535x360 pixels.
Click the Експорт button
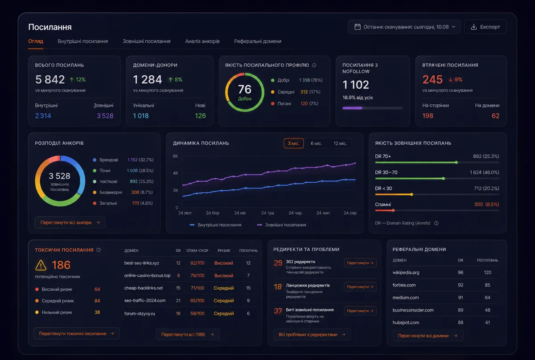click(x=486, y=27)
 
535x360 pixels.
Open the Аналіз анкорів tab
click(x=202, y=41)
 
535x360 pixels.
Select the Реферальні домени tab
click(x=258, y=41)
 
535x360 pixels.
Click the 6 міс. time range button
click(x=316, y=143)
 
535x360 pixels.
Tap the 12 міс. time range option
click(x=340, y=143)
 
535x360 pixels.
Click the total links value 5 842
click(x=50, y=79)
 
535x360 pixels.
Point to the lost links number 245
click(x=432, y=79)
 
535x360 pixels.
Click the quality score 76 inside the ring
click(x=245, y=89)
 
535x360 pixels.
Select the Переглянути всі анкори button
click(x=70, y=222)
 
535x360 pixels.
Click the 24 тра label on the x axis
click(x=267, y=213)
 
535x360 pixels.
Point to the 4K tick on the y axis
click(x=175, y=173)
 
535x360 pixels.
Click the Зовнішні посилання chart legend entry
click(x=282, y=225)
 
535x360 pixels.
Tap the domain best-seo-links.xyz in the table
click(x=142, y=263)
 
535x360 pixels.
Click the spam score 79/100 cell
click(x=197, y=275)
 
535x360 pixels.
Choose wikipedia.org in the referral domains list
click(x=406, y=272)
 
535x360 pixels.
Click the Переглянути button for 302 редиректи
click(x=360, y=262)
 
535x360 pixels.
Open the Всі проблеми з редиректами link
click(x=312, y=335)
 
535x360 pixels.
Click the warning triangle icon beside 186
click(x=41, y=265)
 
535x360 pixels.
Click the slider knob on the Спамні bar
click(x=393, y=210)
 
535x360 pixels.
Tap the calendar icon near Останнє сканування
click(x=358, y=27)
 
